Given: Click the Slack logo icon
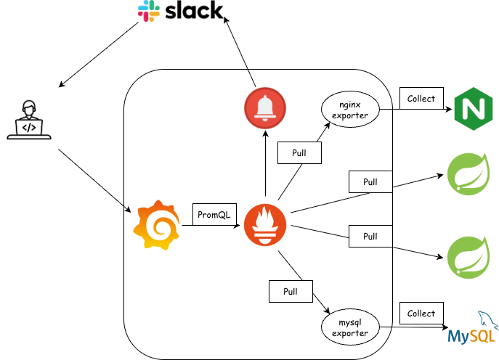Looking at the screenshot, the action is point(149,11).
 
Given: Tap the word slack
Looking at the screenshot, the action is point(194,10).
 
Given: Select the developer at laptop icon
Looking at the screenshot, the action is point(29,120).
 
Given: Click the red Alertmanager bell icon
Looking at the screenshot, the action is point(265,108).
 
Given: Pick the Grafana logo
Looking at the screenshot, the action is point(157,225).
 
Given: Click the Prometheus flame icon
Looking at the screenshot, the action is point(265,225).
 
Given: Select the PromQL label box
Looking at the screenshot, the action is point(214,214).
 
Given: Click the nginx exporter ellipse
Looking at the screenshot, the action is point(350,110).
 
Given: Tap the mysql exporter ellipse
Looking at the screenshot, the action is point(350,327).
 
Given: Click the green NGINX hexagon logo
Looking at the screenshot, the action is point(474,109).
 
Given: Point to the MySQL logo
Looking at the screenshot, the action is point(473,327).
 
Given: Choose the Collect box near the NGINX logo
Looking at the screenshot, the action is point(421,98).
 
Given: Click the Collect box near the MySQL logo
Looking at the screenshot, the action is point(421,314).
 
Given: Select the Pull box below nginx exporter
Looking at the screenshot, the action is point(299,153).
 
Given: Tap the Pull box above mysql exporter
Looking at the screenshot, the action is point(291,291).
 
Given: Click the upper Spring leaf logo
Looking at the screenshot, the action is point(468,173).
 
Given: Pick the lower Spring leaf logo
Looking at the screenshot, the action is point(468,257).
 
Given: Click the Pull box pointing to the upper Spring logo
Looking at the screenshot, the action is point(370,182).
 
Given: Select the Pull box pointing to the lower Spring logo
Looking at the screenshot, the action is point(370,237).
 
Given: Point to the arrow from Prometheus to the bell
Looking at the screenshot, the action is point(265,163).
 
